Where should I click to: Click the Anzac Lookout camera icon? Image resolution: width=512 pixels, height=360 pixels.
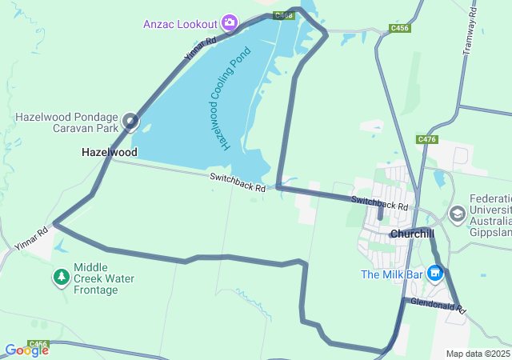click(x=230, y=22)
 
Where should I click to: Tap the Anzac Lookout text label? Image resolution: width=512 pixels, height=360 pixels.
click(x=181, y=23)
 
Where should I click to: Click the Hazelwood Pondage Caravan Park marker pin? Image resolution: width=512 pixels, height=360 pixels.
click(x=130, y=122)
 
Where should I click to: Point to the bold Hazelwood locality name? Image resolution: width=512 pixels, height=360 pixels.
click(x=109, y=152)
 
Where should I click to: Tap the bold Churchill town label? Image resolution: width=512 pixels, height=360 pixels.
click(x=411, y=234)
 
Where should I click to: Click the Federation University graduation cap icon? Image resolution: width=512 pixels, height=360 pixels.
click(x=457, y=214)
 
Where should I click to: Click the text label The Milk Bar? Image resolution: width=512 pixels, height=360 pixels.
click(x=392, y=274)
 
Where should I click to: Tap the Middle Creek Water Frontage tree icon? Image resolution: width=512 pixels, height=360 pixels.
click(x=62, y=277)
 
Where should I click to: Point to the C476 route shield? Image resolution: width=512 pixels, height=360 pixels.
click(x=427, y=139)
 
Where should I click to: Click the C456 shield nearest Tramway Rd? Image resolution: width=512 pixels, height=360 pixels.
click(x=400, y=28)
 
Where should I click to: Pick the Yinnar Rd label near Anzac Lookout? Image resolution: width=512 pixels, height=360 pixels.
click(x=200, y=50)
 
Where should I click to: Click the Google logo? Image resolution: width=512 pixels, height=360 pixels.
click(x=26, y=350)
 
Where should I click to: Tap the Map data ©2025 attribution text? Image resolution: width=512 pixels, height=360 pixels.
click(x=478, y=354)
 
